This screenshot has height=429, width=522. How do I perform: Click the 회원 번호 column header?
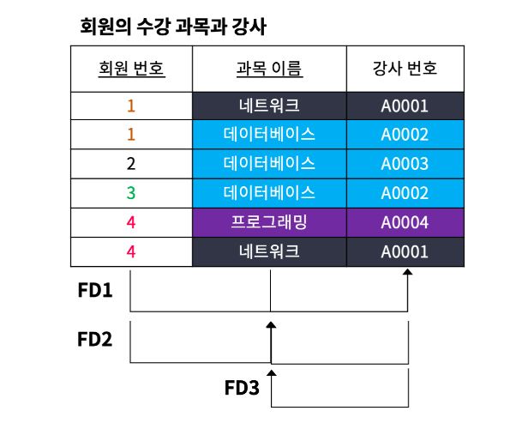131,68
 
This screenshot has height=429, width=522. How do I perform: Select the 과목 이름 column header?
269,68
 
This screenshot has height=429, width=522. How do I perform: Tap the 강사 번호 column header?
405,68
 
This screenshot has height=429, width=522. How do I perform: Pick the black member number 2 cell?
131,163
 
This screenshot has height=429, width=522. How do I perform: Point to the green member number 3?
131,192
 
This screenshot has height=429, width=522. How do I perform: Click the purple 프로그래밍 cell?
269,221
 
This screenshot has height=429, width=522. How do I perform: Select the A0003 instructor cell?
405,163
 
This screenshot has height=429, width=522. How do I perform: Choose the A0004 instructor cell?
405,221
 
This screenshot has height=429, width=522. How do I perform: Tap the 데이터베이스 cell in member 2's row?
269,163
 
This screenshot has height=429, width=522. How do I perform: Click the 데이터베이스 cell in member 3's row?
269,192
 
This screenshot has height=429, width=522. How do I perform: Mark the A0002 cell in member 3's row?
405,192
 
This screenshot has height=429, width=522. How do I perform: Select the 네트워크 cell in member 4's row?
269,251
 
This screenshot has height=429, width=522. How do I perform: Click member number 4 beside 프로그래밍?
131,221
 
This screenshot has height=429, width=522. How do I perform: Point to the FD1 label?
95,290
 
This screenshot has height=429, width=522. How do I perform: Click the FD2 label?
95,338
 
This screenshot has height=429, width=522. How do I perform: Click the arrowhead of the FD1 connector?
408,272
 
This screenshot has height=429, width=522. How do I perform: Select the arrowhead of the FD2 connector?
271,325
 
